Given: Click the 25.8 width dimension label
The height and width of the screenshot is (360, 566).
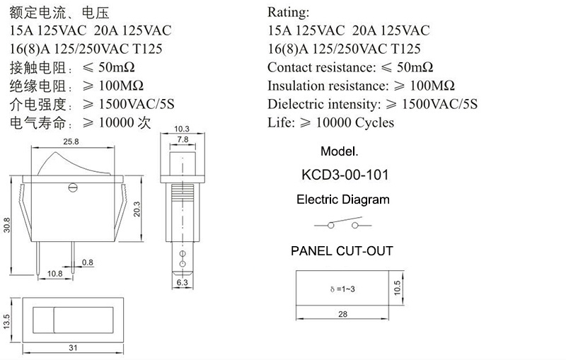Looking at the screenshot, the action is click(x=71, y=141).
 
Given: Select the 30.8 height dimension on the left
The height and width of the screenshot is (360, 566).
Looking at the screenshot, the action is click(x=7, y=225).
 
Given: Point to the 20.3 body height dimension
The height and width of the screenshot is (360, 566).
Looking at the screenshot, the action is click(x=137, y=209).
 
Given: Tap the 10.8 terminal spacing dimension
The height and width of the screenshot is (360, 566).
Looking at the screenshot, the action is click(x=55, y=274).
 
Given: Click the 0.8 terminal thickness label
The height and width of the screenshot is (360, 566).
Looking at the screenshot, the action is click(x=87, y=262).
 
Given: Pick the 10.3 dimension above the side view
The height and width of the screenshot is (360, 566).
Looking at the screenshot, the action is click(x=182, y=129).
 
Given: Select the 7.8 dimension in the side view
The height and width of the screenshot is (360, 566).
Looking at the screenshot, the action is click(x=183, y=139).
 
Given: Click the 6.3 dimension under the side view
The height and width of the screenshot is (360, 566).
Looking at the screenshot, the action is click(x=183, y=282).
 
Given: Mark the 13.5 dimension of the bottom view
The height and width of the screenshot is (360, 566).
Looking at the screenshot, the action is click(x=6, y=321).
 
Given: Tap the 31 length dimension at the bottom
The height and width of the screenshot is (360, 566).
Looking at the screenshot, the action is click(x=73, y=348).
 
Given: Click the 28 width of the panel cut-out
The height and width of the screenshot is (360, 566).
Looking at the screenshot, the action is click(x=342, y=314).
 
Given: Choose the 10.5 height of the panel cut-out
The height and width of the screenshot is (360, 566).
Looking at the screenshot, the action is click(x=397, y=288).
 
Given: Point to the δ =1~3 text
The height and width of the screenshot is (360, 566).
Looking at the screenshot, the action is click(x=342, y=289).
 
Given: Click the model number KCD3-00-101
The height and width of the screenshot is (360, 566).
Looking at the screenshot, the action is click(x=345, y=175).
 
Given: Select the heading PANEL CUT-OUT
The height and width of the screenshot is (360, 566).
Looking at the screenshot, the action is click(x=342, y=250).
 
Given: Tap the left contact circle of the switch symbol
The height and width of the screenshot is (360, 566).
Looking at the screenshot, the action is click(x=330, y=226).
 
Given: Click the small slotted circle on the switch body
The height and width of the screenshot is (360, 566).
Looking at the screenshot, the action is click(x=73, y=187).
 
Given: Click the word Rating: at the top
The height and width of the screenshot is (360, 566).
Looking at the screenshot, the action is click(x=288, y=12).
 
